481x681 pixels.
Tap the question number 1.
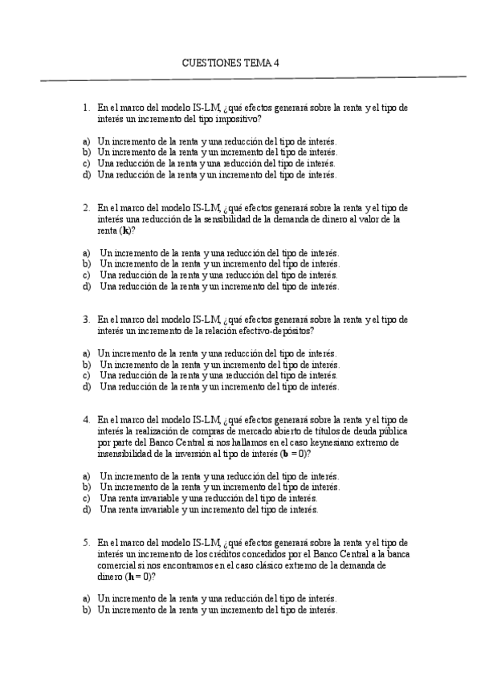tap(86, 107)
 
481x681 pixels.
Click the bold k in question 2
tap(125, 230)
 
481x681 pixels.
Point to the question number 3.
tap(86, 319)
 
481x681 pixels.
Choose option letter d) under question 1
tap(86, 174)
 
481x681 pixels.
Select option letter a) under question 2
tap(86, 252)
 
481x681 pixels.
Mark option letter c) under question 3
tap(86, 375)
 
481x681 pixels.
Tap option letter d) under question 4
tap(86, 509)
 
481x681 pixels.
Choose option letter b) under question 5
tap(86, 610)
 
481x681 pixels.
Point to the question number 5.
tap(86, 542)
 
